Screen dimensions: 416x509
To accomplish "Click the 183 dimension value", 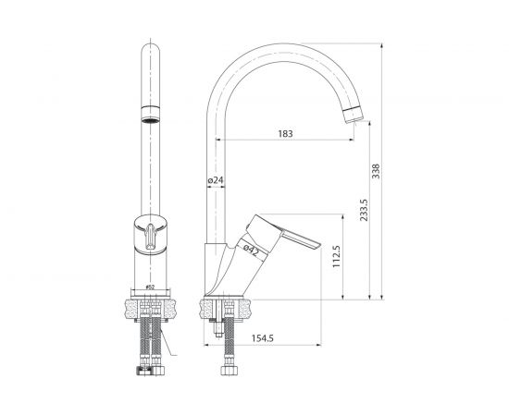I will [x=285, y=134].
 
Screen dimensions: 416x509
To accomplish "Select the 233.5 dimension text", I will [x=364, y=214].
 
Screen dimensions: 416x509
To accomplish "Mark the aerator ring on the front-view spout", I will [x=149, y=118].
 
